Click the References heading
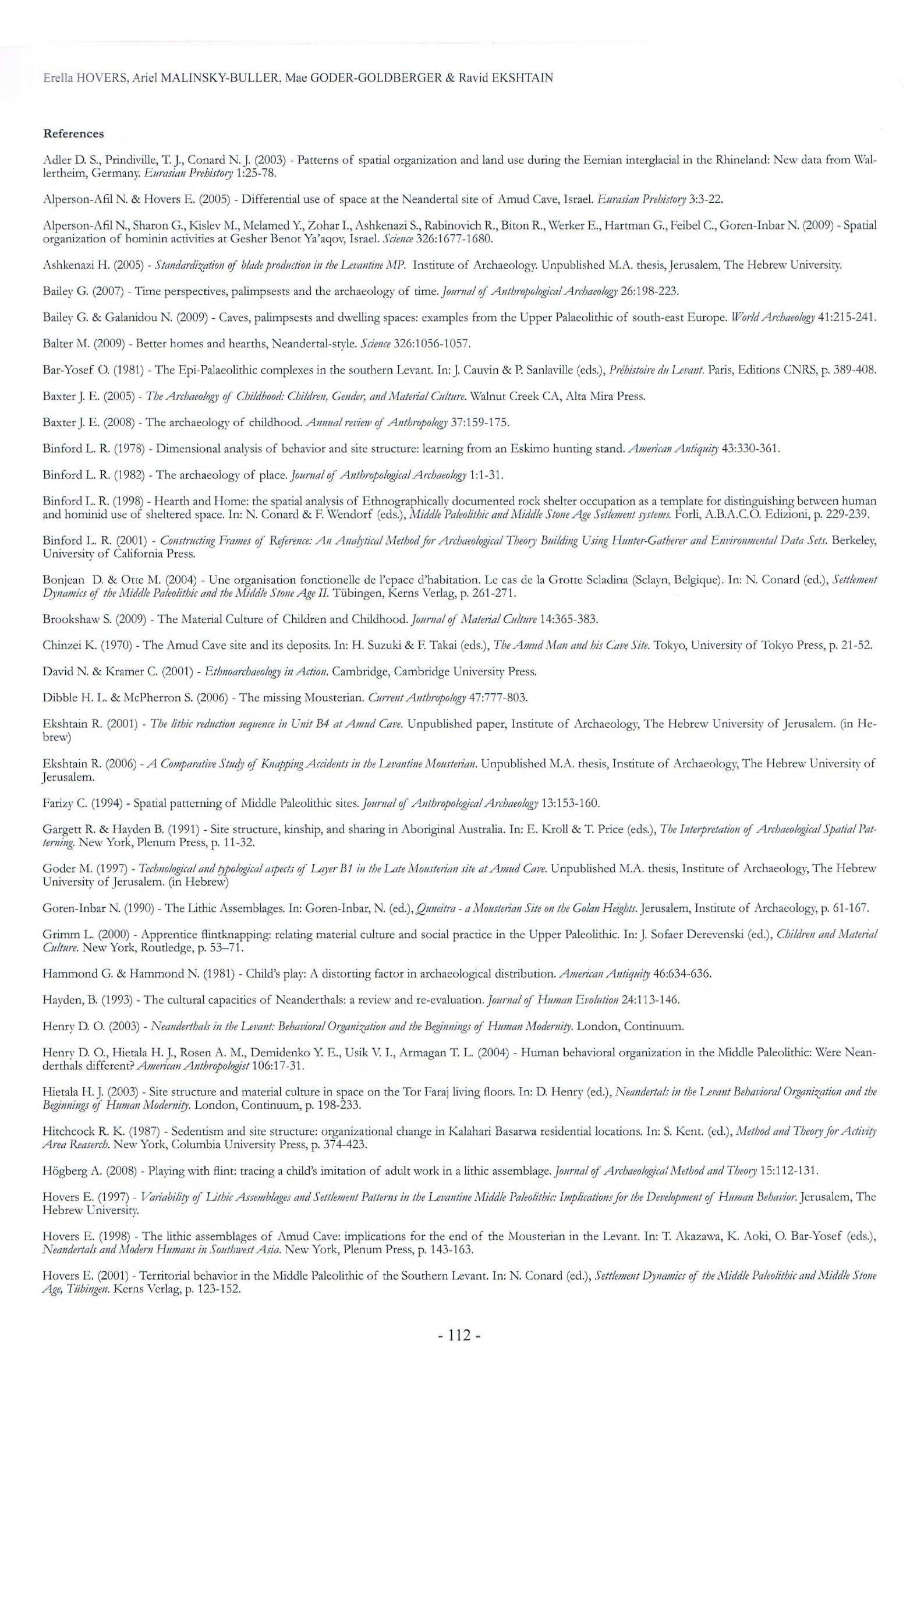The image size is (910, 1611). (73, 134)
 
